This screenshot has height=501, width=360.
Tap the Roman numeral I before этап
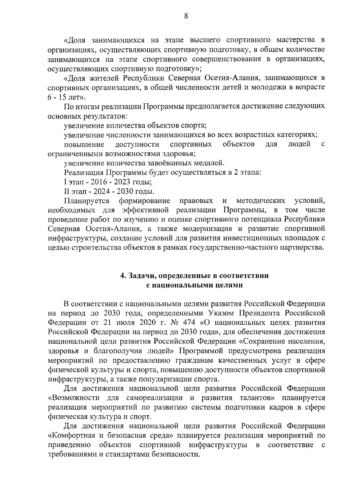click(65, 182)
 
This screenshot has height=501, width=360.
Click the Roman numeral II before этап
click(66, 191)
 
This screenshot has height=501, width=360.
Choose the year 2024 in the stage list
click(99, 191)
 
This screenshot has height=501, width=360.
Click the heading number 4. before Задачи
click(123, 276)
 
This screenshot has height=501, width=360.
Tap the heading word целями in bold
click(229, 285)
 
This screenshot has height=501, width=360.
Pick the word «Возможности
click(74, 398)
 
